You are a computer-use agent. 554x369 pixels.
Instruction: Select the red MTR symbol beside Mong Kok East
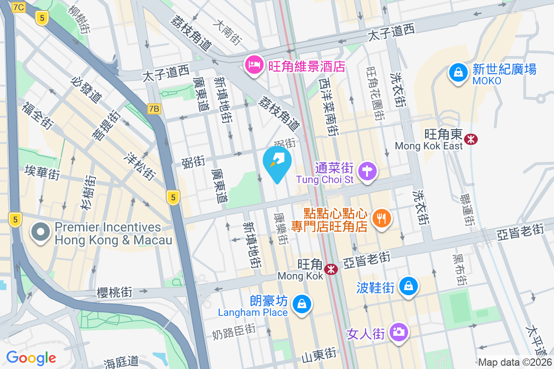(x=471, y=139)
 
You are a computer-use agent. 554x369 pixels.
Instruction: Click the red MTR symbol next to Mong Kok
(x=331, y=269)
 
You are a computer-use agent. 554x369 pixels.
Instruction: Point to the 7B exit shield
(x=154, y=109)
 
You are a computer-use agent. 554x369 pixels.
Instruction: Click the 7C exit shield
(x=19, y=7)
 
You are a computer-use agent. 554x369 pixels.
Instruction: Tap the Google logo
(x=31, y=357)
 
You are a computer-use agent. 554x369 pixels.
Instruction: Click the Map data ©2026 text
(x=515, y=363)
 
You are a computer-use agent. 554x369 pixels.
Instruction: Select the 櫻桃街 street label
(x=115, y=292)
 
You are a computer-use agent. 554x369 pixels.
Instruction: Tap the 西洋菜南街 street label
(x=329, y=107)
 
